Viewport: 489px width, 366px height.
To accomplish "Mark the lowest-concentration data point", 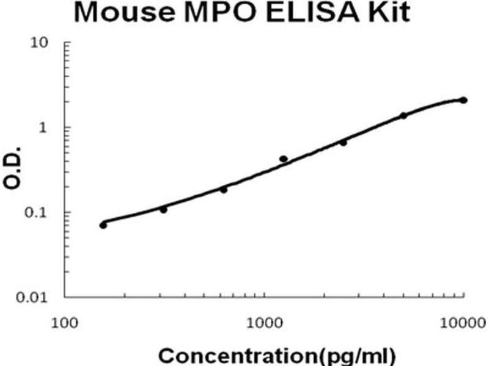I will click(x=103, y=225).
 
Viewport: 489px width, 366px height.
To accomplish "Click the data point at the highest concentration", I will click(x=463, y=100).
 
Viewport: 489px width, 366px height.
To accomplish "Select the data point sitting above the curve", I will click(x=284, y=159).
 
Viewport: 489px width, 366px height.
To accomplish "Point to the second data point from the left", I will click(x=163, y=209).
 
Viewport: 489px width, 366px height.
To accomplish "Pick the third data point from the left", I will click(x=224, y=190).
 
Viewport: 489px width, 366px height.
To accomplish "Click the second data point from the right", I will click(x=403, y=115).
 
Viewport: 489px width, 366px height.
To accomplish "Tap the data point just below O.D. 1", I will click(x=343, y=142).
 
